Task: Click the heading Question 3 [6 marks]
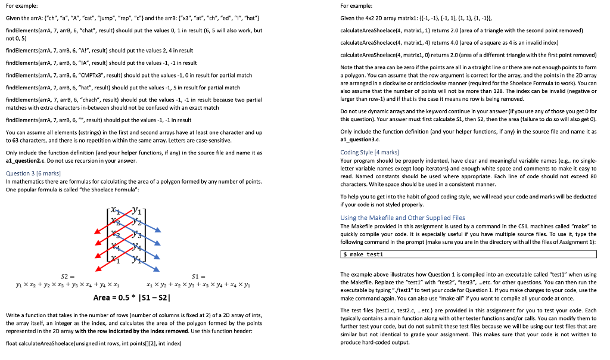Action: (28, 173)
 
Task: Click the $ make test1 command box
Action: (468, 255)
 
